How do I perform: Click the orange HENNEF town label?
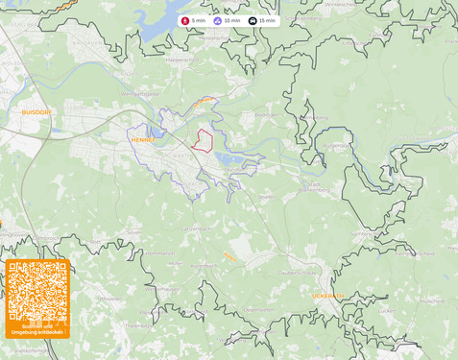tap(142, 139)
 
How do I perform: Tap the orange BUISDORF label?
tap(36, 112)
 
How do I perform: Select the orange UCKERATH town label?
tap(327, 296)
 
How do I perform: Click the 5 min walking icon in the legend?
tap(185, 20)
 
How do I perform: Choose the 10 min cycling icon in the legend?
tap(218, 20)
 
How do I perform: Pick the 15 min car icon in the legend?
tap(253, 20)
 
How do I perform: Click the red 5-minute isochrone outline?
tap(202, 140)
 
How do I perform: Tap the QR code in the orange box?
tap(37, 292)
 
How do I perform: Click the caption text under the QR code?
tap(37, 330)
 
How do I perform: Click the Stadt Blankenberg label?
tap(321, 186)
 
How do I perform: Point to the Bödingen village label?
tap(265, 114)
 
